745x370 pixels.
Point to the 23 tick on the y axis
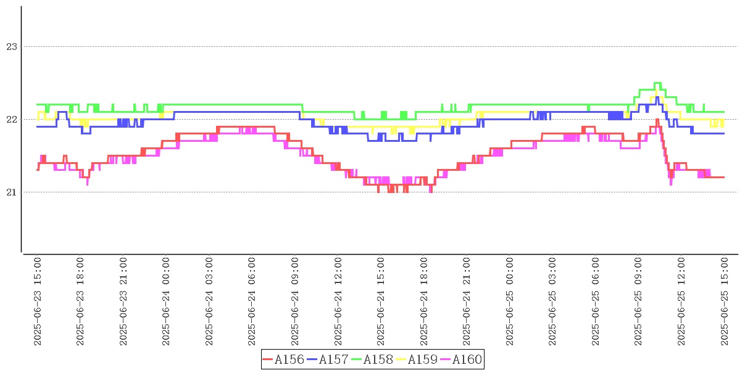(x=10, y=46)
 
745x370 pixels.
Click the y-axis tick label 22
(x=10, y=119)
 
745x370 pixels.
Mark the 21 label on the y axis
(x=10, y=192)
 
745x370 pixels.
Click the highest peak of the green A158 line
(x=657, y=83)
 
